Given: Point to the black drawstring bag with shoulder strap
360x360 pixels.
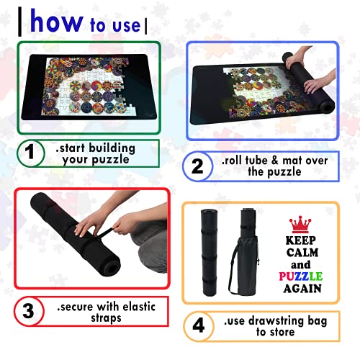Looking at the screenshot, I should click(x=248, y=245).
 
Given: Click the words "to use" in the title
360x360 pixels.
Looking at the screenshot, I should click(x=116, y=25).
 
